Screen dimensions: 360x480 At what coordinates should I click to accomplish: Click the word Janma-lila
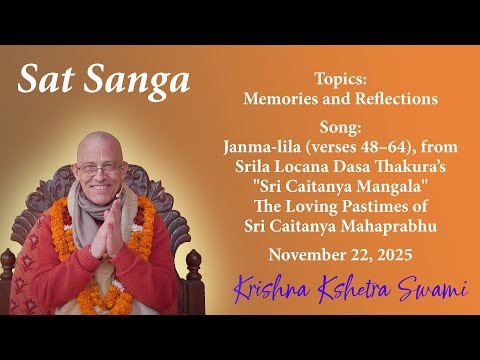point(259,146)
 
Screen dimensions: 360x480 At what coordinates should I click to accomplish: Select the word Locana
point(301,164)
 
